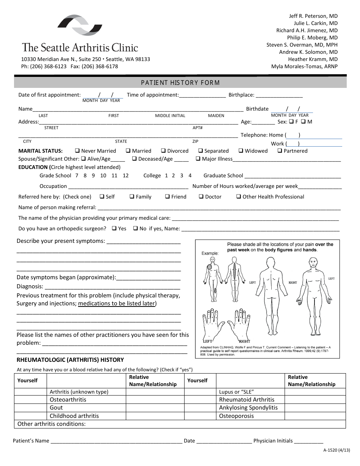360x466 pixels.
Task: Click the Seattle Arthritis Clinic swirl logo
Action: [80, 25]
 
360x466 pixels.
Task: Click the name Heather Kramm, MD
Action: [313, 59]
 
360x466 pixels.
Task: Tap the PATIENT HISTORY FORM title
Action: [180, 83]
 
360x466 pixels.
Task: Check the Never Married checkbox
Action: [77, 151]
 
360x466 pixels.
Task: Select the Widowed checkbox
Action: [241, 151]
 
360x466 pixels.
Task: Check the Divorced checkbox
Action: [163, 151]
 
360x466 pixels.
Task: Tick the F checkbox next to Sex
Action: [291, 122]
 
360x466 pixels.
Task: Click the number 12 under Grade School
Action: [126, 175]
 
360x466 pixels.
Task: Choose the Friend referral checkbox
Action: [167, 197]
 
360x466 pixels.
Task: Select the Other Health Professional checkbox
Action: [239, 197]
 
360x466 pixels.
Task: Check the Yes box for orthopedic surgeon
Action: [114, 228]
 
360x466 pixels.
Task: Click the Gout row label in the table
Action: [56, 408]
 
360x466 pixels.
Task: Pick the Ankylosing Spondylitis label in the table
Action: [248, 408]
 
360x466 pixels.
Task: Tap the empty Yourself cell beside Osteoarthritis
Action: [30, 400]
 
